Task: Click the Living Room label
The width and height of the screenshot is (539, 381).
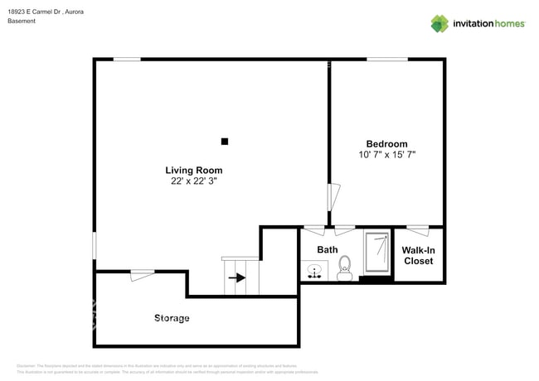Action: [194, 170]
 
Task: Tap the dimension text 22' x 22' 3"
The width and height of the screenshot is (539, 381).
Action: [194, 180]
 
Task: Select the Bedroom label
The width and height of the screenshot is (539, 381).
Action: [386, 143]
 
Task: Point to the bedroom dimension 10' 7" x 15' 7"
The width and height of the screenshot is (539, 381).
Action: [386, 154]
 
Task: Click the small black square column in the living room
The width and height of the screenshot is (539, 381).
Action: [224, 142]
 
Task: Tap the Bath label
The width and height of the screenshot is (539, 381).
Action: [327, 249]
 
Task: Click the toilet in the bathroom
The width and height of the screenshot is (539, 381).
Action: [345, 265]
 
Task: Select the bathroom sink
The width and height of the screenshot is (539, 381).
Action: [314, 271]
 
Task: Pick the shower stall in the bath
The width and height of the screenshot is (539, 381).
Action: [377, 253]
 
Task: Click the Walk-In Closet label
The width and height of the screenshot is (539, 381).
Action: [417, 255]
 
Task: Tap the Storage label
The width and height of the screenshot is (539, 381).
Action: [172, 318]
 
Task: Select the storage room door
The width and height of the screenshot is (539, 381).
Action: [143, 274]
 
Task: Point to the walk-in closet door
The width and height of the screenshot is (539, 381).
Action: [417, 229]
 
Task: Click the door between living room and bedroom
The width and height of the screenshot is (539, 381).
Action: [333, 197]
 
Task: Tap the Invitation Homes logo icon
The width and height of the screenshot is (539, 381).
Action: [439, 24]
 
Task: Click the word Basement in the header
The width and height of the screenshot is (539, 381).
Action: [22, 22]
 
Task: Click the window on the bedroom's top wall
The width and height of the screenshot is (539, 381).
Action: [387, 59]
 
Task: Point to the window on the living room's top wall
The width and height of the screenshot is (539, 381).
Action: [127, 59]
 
